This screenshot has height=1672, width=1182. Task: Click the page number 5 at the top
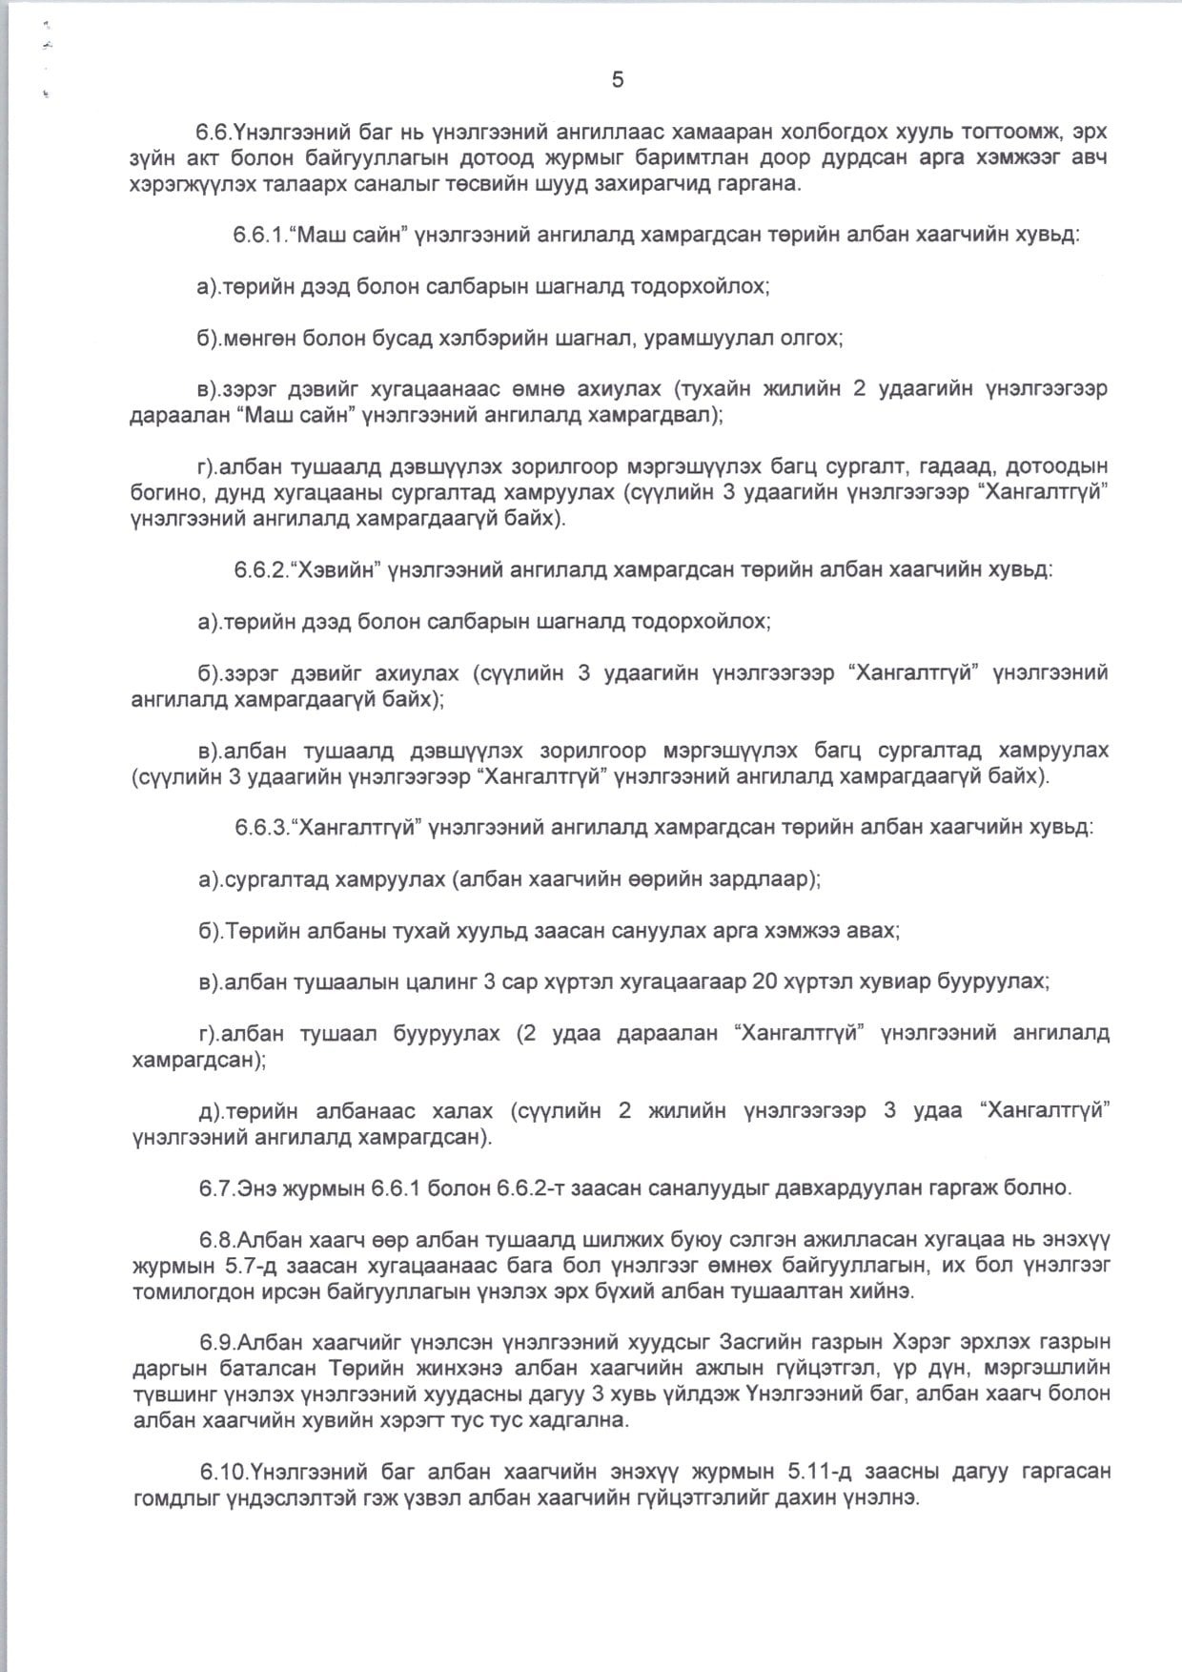pyautogui.click(x=618, y=81)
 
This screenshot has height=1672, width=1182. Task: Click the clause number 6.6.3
pyautogui.click(x=262, y=827)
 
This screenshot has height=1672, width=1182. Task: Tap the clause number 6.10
pyautogui.click(x=223, y=1472)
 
